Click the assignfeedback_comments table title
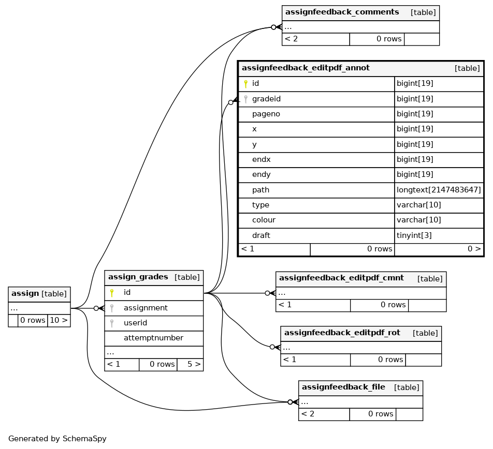342,12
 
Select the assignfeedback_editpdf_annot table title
306,68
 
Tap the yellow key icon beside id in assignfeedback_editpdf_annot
246,84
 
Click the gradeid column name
266,99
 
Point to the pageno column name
266,114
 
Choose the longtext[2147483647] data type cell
439,190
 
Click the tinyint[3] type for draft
414,235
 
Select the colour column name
264,220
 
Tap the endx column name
262,159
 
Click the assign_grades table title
138,277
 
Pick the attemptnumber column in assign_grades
153,338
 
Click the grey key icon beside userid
112,323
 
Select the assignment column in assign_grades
146,308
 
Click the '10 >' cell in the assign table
59,320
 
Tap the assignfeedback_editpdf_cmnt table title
341,278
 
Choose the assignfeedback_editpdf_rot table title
342,333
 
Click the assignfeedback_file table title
343,387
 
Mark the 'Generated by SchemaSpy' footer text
57,439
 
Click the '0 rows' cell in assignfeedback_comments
389,39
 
